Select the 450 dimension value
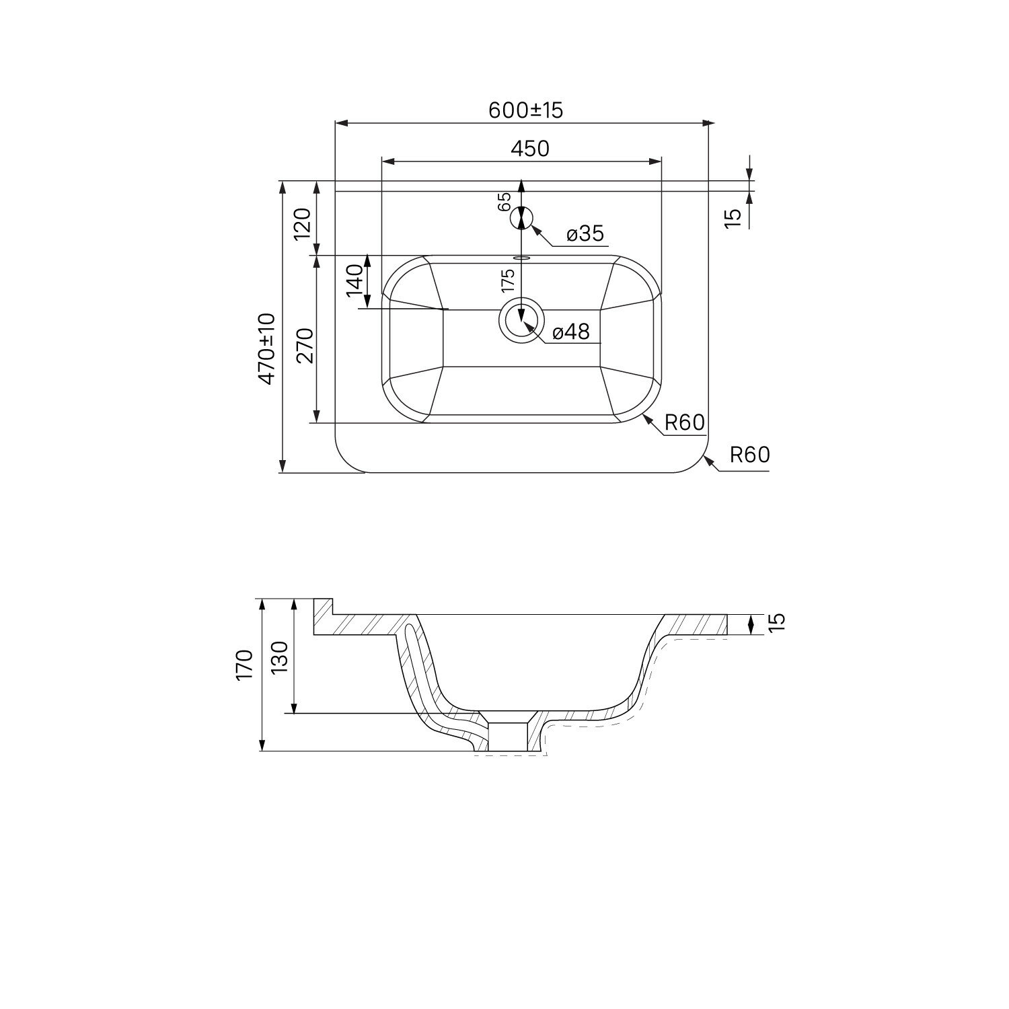pyautogui.click(x=530, y=149)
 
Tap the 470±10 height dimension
pyautogui.click(x=268, y=348)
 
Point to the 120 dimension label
pyautogui.click(x=302, y=223)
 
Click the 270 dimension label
pyautogui.click(x=306, y=345)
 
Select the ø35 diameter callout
pyautogui.click(x=585, y=234)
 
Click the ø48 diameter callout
pyautogui.click(x=570, y=332)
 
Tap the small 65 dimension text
pyautogui.click(x=505, y=202)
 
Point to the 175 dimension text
pyautogui.click(x=508, y=281)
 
